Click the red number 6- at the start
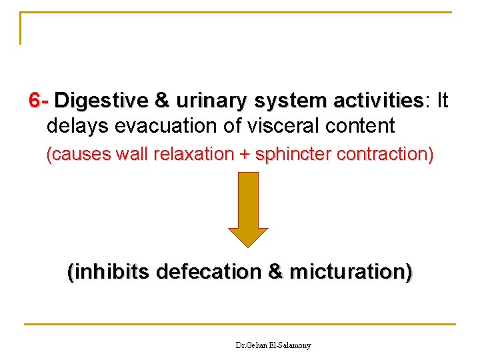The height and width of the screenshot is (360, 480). [x=39, y=101]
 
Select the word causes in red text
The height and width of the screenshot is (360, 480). [x=79, y=155]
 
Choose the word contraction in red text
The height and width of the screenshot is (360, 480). [x=385, y=155]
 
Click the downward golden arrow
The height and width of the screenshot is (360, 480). [x=248, y=209]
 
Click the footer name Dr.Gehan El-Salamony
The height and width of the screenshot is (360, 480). [x=273, y=345]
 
